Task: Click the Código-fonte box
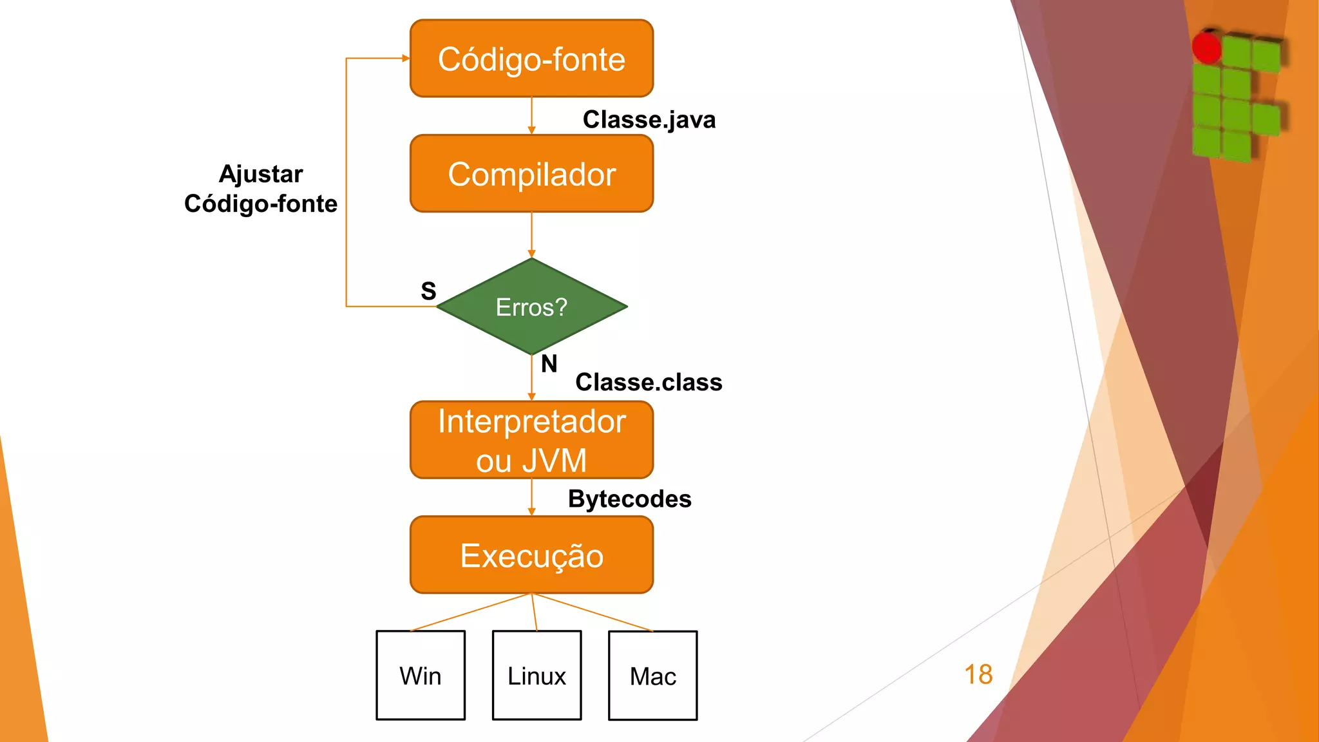[531, 59]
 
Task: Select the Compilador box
[531, 174]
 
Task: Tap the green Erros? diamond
[531, 307]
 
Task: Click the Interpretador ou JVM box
[531, 440]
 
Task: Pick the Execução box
[531, 555]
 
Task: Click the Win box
[421, 676]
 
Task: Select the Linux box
[536, 676]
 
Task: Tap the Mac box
[652, 676]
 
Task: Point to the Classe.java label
[649, 120]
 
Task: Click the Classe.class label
[649, 382]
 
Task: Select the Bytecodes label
[629, 499]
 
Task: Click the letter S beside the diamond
[428, 291]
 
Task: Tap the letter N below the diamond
[549, 364]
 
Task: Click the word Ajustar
[261, 174]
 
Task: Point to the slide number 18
[978, 674]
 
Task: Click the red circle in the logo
[1206, 47]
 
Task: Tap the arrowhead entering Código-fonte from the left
[406, 59]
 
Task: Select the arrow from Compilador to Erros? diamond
[531, 235]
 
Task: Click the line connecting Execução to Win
[470, 612]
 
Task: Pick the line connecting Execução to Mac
[593, 612]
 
